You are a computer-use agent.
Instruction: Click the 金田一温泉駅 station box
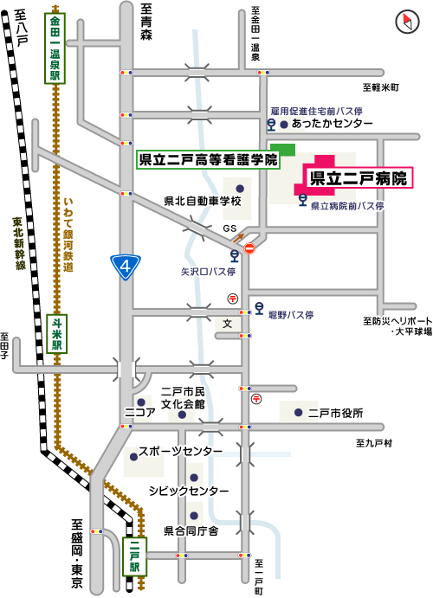click(x=55, y=48)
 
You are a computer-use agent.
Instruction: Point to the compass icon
click(x=406, y=20)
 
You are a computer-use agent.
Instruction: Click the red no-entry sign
click(x=250, y=249)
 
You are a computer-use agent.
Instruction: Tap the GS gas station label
click(x=229, y=228)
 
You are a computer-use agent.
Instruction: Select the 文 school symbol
click(x=228, y=324)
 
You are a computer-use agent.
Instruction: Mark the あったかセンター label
click(x=332, y=125)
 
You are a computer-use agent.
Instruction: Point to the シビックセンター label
click(x=189, y=491)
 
